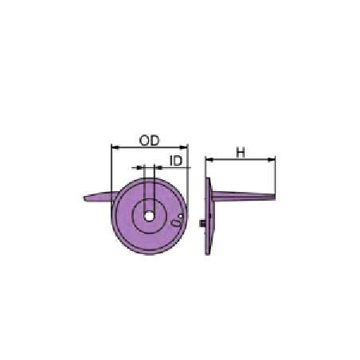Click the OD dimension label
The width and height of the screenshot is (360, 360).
point(149,140)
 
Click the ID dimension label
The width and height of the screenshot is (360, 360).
point(177,161)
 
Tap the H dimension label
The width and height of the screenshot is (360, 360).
point(241,153)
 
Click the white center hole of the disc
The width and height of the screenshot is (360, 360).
point(149,217)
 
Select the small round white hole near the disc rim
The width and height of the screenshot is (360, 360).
point(180,216)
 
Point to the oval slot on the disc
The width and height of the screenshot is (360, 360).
point(176,223)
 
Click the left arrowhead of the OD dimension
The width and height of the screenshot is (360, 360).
point(115,147)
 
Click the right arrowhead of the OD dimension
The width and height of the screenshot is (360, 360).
point(183,147)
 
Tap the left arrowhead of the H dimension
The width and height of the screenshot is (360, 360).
point(209,159)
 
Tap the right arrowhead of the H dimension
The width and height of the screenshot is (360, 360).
point(271,159)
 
